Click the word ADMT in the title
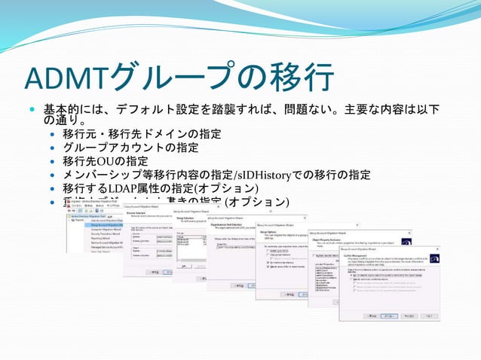[x=66, y=78]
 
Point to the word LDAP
[x=121, y=188]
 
